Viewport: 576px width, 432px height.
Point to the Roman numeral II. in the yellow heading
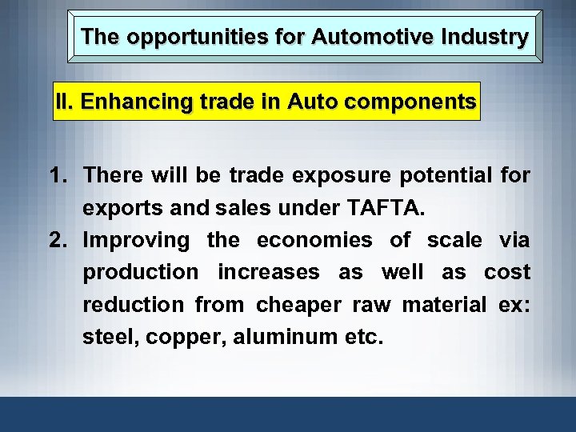[66, 102]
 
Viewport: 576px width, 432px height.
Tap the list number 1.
[59, 175]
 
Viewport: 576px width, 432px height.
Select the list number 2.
[59, 240]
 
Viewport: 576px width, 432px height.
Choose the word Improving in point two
[137, 240]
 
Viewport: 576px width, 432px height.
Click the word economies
[314, 240]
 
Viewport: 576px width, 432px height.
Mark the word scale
[454, 240]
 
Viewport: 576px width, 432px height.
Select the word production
[141, 273]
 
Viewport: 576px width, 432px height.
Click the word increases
[268, 273]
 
